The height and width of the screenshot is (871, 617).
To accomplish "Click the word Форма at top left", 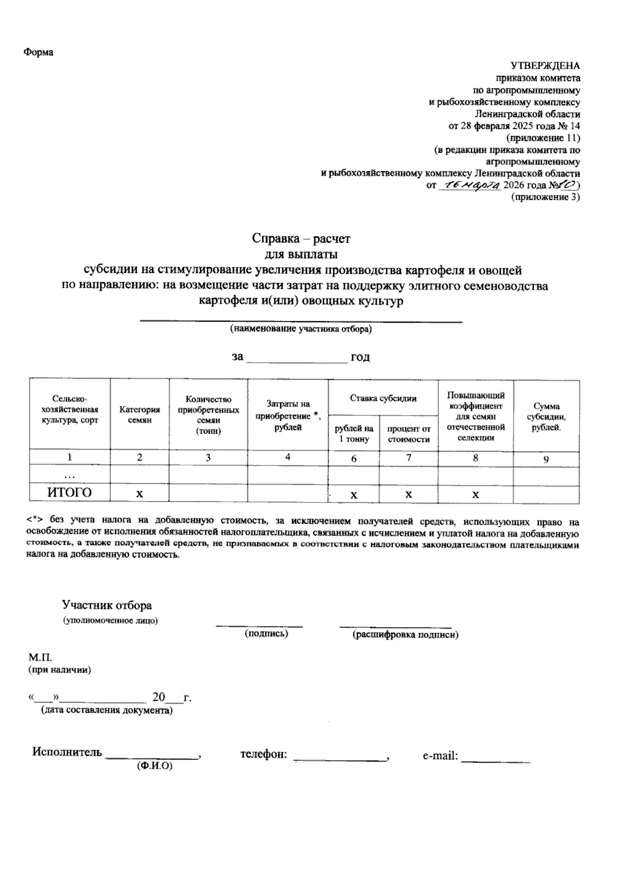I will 39,52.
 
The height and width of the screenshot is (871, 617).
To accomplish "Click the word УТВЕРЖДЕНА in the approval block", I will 545,66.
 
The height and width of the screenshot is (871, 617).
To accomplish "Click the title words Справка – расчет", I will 301,239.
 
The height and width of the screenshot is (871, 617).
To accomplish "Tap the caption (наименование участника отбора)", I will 301,329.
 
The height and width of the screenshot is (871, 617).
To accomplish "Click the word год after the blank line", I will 360,357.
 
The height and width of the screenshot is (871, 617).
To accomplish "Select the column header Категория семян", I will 139,415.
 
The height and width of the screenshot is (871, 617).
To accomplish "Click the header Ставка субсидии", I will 383,398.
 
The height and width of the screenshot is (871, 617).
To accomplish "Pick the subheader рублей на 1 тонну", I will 354,434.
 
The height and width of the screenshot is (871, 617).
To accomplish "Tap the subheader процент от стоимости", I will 408,434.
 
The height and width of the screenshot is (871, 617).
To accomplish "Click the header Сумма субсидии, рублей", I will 546,417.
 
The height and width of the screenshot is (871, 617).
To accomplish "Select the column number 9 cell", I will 546,459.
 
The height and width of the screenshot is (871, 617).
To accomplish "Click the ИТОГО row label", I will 69,493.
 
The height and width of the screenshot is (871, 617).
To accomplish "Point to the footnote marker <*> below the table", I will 35,522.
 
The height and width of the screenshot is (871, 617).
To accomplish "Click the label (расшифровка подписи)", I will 405,635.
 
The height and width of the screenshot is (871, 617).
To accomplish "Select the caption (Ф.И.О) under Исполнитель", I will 154,766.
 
